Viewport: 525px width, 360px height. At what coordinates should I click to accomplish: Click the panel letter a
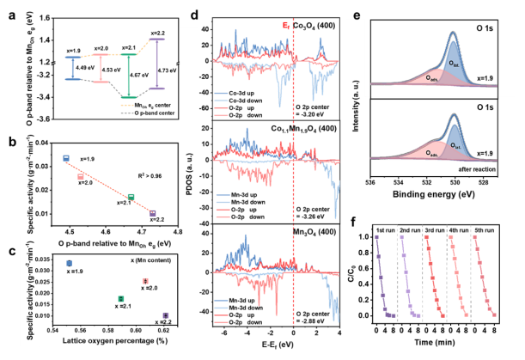pos(10,12)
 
